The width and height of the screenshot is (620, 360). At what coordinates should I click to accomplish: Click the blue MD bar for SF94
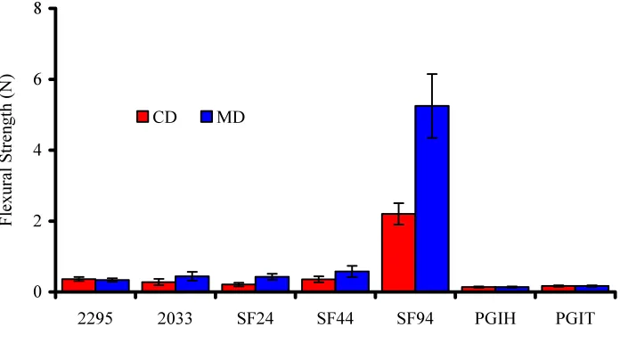432,199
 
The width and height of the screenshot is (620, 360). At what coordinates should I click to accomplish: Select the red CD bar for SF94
398,253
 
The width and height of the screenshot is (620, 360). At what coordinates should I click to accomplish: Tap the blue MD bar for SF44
352,282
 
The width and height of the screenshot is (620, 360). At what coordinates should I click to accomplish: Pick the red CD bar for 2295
78,285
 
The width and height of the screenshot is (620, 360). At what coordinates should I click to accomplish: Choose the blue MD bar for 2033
192,284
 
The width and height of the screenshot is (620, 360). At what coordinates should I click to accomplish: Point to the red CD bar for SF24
239,288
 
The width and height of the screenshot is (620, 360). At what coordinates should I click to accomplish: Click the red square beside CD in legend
143,117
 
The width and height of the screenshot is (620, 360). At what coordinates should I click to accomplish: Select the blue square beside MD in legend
207,117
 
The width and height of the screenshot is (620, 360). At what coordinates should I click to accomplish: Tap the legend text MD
231,117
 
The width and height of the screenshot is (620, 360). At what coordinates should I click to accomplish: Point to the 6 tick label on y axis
37,79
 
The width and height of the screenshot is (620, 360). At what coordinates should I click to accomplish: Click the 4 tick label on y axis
37,151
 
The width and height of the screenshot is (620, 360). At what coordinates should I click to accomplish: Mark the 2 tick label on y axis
37,221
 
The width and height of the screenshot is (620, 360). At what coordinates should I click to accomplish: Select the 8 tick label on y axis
37,8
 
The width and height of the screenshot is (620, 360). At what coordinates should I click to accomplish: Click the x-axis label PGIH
495,318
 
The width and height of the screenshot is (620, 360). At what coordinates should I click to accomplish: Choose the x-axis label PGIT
575,318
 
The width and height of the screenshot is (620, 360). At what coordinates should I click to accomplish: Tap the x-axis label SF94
415,318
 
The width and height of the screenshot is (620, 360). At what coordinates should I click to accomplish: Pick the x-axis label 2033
175,318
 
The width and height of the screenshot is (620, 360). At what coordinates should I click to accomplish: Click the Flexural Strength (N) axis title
7,150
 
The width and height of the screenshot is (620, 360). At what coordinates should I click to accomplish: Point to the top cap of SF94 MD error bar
432,74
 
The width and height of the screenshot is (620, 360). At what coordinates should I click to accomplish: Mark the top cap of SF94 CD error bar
398,203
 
